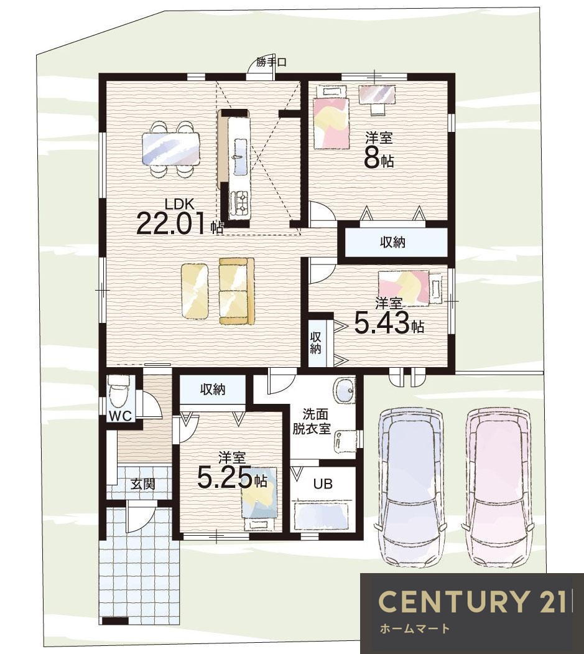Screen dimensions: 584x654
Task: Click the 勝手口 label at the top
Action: (x=271, y=63)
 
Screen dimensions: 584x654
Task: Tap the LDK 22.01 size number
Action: (x=172, y=223)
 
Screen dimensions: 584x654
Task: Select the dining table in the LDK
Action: (x=171, y=149)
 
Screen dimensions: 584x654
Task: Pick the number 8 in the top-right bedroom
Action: (x=373, y=157)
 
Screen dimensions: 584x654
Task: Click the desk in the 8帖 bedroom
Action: (x=378, y=94)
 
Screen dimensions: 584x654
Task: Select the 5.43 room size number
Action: (x=382, y=324)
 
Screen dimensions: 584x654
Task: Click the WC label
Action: (x=120, y=416)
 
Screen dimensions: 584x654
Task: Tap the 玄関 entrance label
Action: (x=143, y=484)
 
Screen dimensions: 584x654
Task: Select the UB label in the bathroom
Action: (x=323, y=484)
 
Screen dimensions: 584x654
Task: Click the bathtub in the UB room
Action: (x=321, y=516)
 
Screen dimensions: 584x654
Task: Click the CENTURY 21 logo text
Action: (x=472, y=601)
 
